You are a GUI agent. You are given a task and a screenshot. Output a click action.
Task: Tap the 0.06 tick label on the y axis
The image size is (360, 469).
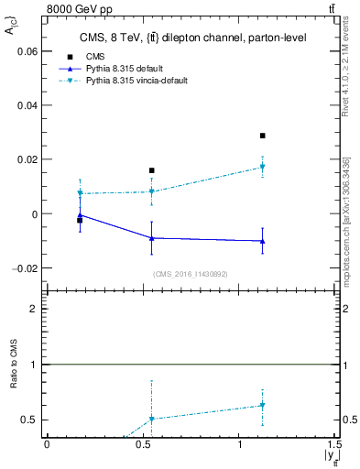tap(28, 51)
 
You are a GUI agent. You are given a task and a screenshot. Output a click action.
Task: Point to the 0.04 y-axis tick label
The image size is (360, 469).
tap(28, 105)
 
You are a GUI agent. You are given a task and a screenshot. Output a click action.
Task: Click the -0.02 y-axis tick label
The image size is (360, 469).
tap(27, 268)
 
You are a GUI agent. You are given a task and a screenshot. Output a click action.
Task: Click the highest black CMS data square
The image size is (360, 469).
tap(262, 136)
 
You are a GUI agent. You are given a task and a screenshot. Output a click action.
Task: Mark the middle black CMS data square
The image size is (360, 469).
tap(151, 170)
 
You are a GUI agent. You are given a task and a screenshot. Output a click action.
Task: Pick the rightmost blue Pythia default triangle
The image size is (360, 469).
tap(262, 241)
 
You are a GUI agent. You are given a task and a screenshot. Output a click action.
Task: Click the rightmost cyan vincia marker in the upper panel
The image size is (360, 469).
tap(262, 167)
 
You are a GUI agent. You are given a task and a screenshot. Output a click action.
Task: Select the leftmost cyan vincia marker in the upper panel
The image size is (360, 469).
tap(80, 193)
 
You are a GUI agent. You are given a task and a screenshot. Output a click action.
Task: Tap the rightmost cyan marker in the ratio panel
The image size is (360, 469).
tap(262, 405)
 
